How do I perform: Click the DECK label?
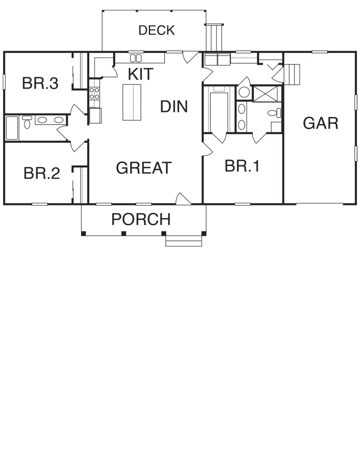(x=157, y=30)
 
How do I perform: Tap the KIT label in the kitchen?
(x=141, y=74)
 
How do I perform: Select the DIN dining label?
(x=174, y=106)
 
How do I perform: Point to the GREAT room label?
(x=144, y=167)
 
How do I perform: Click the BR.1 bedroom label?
(x=242, y=166)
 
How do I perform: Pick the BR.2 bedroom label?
(x=42, y=173)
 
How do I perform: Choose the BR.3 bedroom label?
(x=41, y=83)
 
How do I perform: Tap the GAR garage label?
(x=321, y=123)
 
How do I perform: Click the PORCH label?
(x=141, y=219)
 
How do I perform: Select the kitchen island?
(x=132, y=102)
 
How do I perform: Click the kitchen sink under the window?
(x=136, y=58)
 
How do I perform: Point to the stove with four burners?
(x=94, y=93)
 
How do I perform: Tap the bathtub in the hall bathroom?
(x=12, y=128)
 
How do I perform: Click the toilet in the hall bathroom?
(x=27, y=122)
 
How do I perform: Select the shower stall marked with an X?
(x=265, y=94)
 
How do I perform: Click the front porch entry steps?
(x=184, y=241)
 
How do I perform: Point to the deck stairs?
(x=214, y=37)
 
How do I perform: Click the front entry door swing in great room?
(x=183, y=198)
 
